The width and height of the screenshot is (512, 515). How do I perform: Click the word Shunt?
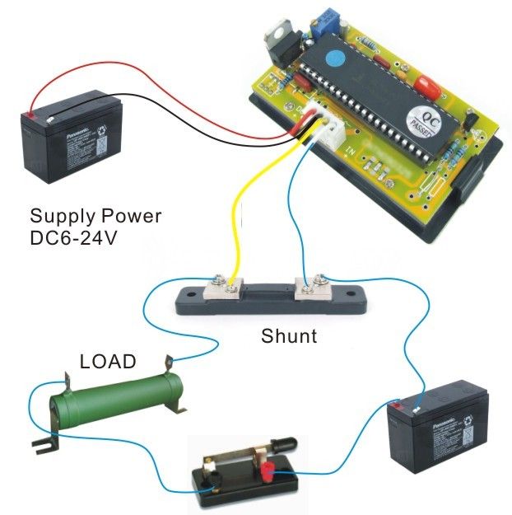pyautogui.click(x=289, y=336)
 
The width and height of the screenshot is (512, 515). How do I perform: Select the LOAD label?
pyautogui.click(x=108, y=361)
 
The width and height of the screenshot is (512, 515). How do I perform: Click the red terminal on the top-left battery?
pyautogui.click(x=29, y=116)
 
